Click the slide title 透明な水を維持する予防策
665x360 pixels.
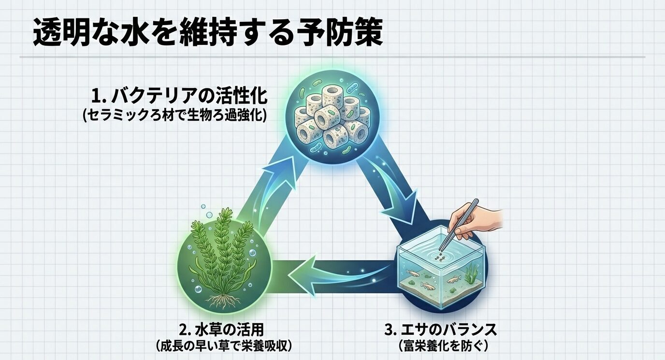208,32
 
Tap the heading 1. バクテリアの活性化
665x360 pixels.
179,96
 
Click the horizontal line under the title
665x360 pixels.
332,57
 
